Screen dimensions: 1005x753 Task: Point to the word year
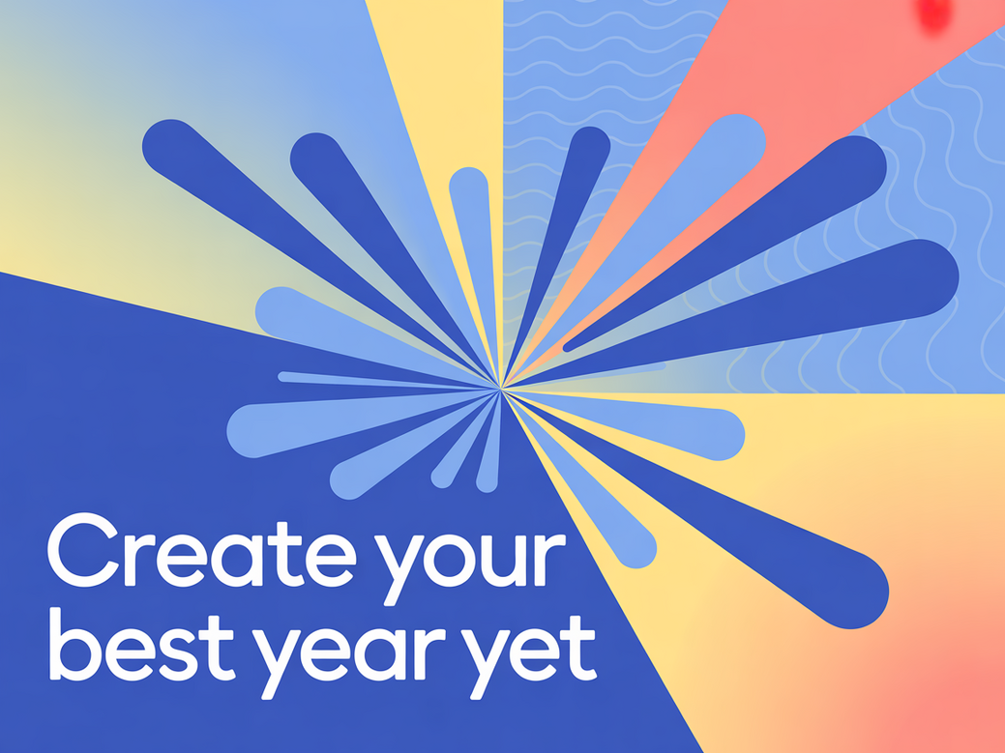click(x=348, y=655)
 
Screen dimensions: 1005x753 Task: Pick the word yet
click(x=529, y=655)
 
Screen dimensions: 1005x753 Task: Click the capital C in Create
click(x=82, y=551)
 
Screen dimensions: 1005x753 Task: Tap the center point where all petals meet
click(x=501, y=388)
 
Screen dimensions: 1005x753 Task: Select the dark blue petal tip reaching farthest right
click(x=930, y=277)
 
